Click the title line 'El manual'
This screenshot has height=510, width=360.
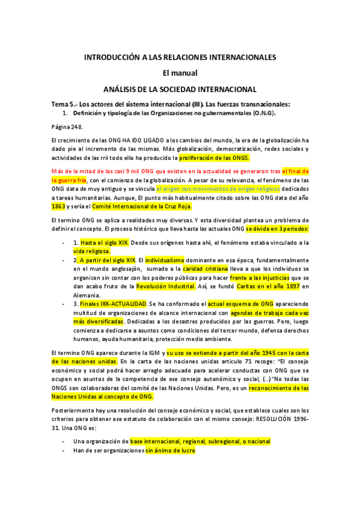[x=180, y=73]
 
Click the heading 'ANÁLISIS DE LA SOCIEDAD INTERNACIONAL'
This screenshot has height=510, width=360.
[x=180, y=88]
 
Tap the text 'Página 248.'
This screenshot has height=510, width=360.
[x=67, y=126]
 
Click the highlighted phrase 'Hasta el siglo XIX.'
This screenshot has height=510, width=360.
[x=105, y=242]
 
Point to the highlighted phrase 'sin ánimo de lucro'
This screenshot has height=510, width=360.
[x=170, y=450]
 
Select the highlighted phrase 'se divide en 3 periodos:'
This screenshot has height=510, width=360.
[x=276, y=229]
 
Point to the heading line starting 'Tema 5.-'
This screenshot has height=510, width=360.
[x=171, y=103]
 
